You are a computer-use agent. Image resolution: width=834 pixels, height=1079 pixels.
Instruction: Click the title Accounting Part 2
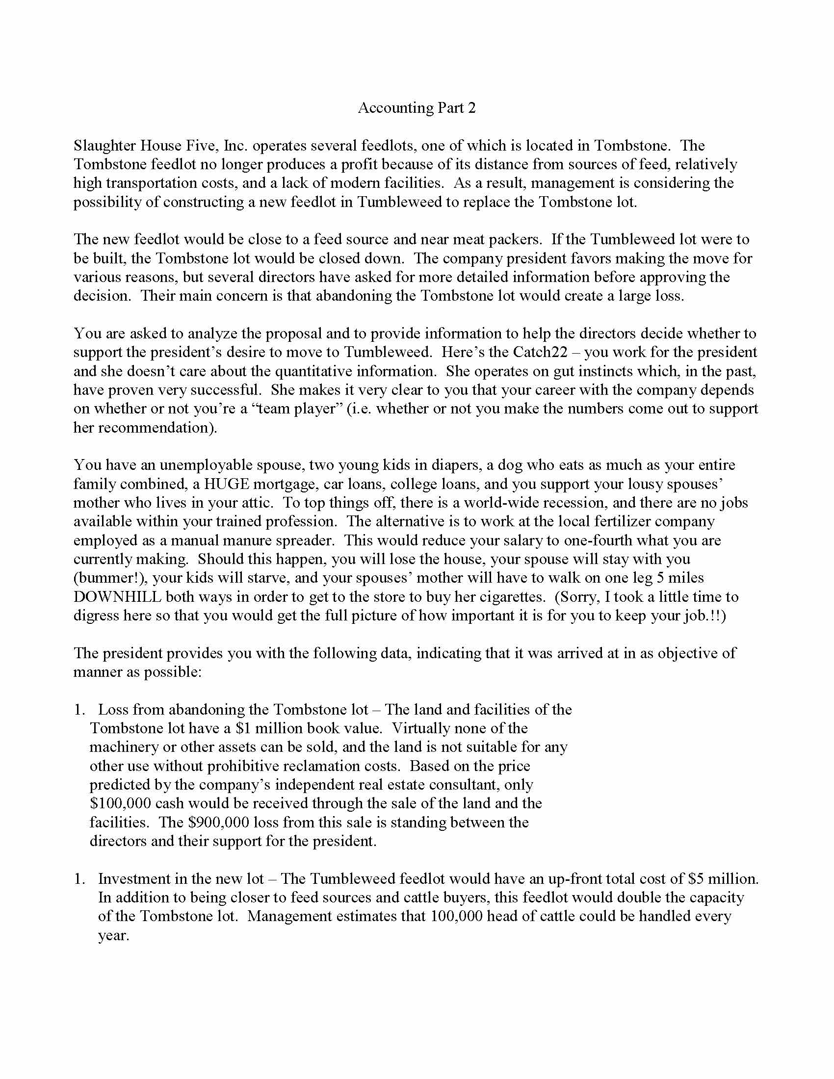(x=417, y=108)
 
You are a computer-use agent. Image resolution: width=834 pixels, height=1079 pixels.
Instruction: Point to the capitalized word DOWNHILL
(x=118, y=597)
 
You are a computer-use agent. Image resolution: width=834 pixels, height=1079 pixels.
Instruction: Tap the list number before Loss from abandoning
(x=79, y=710)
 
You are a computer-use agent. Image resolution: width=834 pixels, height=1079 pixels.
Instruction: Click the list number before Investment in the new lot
(x=79, y=879)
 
